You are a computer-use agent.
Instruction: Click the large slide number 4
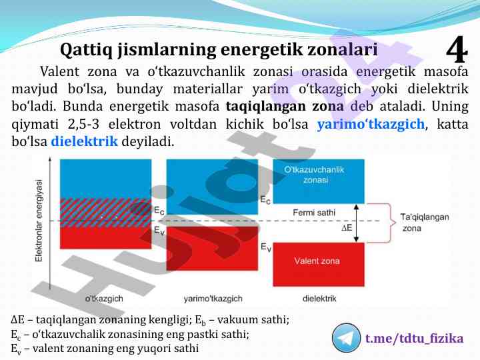(457, 50)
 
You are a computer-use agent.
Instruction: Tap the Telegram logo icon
(346, 338)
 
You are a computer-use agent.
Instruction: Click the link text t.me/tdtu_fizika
(414, 339)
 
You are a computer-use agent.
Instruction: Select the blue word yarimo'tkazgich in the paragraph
(371, 124)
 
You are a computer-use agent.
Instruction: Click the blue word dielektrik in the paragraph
(84, 141)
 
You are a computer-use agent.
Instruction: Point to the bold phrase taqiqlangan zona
(285, 106)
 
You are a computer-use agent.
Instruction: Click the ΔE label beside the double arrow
(347, 227)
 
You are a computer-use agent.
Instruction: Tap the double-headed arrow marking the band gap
(356, 223)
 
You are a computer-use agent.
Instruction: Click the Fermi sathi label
(314, 213)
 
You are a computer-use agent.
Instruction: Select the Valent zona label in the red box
(317, 261)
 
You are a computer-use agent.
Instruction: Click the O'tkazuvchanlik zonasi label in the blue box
(315, 175)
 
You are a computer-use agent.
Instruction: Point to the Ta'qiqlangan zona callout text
(425, 223)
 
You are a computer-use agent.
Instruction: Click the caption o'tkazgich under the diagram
(104, 299)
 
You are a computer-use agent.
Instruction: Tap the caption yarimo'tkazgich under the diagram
(213, 299)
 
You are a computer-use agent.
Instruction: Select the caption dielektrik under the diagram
(319, 299)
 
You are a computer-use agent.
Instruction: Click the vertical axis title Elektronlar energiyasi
(39, 221)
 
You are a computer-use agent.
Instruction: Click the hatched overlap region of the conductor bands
(105, 213)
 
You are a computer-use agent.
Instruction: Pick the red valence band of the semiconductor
(212, 249)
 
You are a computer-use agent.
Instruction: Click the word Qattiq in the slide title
(86, 50)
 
